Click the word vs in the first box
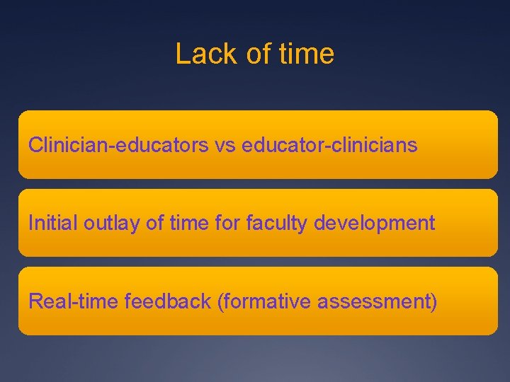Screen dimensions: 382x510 tap(225, 146)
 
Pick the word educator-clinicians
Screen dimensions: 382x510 tap(329, 146)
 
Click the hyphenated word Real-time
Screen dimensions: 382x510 tap(74, 302)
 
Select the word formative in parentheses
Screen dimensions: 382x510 tap(265, 302)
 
